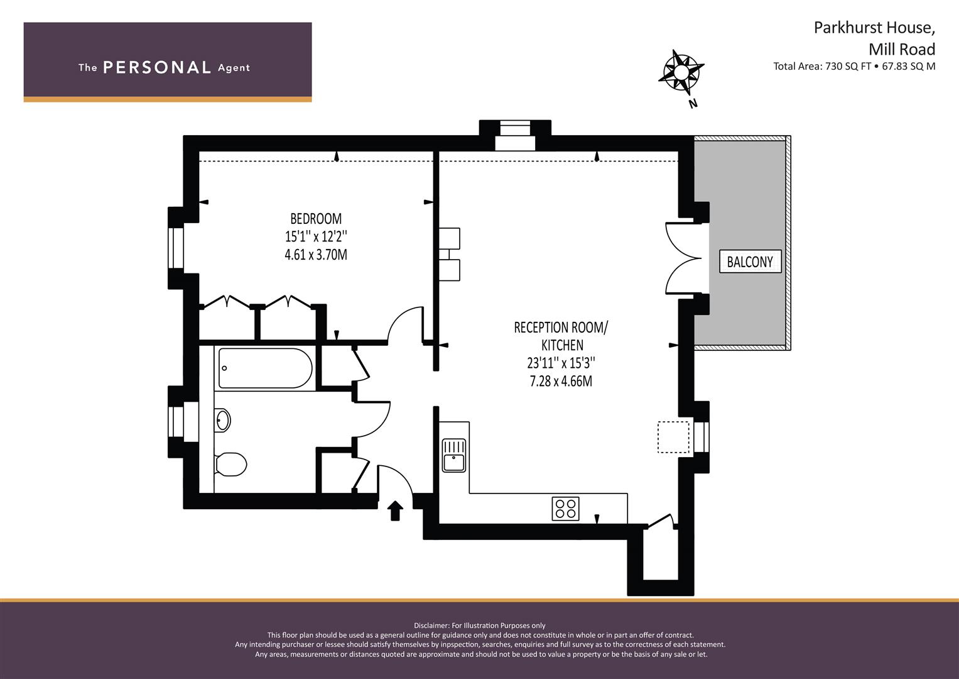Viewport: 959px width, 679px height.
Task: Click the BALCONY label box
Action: (750, 262)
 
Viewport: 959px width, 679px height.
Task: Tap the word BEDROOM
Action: (316, 219)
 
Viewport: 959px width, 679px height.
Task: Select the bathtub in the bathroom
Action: (265, 369)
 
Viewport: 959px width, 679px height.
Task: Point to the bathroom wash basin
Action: (223, 420)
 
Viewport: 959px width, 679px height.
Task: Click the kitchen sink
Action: (453, 455)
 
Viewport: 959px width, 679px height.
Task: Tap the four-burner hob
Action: (565, 509)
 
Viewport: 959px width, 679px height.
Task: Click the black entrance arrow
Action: (394, 511)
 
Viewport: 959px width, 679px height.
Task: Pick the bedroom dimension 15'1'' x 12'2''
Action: (316, 237)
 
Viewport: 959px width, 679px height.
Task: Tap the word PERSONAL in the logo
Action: (156, 67)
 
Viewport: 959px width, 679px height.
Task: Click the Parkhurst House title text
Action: (874, 28)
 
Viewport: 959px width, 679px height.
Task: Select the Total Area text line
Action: (854, 66)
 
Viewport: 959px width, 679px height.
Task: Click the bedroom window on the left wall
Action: (175, 248)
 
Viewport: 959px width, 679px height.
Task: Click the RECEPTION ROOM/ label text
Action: (561, 328)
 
